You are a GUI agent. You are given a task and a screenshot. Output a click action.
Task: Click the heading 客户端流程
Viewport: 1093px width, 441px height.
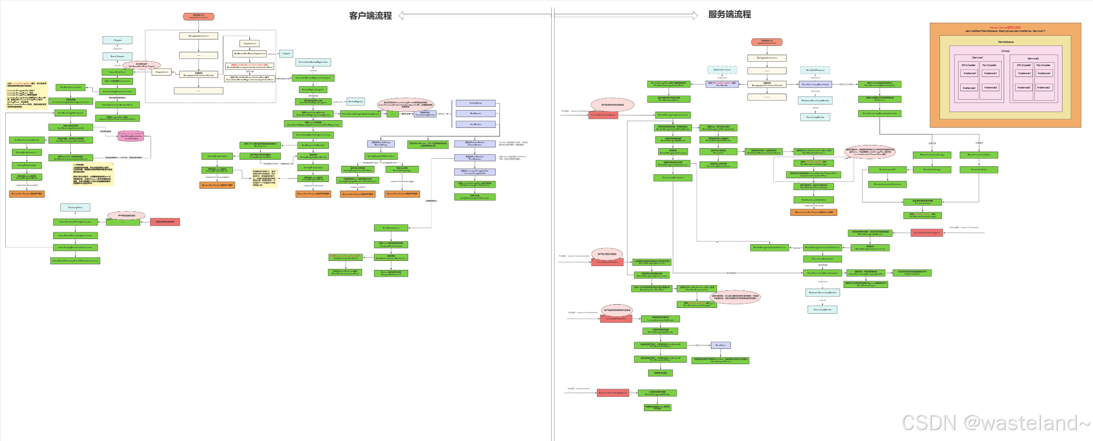pyautogui.click(x=370, y=16)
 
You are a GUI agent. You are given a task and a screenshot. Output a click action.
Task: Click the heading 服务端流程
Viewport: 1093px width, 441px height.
pyautogui.click(x=729, y=14)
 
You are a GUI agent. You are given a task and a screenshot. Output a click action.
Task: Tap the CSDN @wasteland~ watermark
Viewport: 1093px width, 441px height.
pyautogui.click(x=996, y=422)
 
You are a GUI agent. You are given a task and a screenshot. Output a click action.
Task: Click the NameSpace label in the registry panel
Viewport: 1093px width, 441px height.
pyautogui.click(x=1005, y=42)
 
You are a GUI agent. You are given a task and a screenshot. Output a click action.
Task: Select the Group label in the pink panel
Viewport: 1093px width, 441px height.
pyautogui.click(x=1005, y=51)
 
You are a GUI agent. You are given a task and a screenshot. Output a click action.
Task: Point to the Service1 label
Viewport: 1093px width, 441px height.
pyautogui.click(x=977, y=58)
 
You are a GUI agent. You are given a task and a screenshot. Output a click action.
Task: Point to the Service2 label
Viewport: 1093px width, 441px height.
pyautogui.click(x=1033, y=58)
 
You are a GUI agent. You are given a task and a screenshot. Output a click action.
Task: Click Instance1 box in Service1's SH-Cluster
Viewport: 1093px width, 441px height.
pyautogui.click(x=969, y=73)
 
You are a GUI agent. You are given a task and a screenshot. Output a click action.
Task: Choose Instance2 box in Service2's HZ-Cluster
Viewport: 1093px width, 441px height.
pyautogui.click(x=1044, y=87)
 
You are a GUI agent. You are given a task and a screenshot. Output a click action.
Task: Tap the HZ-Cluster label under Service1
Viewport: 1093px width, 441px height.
pyautogui.click(x=989, y=65)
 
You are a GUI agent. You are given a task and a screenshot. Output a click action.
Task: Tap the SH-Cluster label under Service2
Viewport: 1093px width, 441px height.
pyautogui.click(x=1024, y=65)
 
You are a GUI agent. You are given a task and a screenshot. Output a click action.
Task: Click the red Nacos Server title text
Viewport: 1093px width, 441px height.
pyautogui.click(x=1005, y=28)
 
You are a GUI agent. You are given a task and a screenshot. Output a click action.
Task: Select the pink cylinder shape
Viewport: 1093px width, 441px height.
pyautogui.click(x=131, y=136)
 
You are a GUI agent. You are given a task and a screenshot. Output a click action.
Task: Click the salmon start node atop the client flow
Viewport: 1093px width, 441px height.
pyautogui.click(x=199, y=17)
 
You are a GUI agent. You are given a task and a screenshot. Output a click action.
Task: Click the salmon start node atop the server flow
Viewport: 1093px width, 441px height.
pyautogui.click(x=767, y=42)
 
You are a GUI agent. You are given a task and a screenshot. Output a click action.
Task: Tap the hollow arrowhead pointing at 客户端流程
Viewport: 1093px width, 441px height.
pyautogui.click(x=401, y=16)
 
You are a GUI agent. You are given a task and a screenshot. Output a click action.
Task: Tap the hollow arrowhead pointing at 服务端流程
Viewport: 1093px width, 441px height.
pyautogui.click(x=695, y=15)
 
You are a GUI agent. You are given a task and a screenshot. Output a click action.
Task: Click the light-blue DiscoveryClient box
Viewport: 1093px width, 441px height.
pyautogui.click(x=75, y=207)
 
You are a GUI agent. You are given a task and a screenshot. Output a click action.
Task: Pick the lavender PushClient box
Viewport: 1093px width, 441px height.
pyautogui.click(x=720, y=345)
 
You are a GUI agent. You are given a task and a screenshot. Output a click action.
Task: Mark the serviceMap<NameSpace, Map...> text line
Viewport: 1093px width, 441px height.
pyautogui.click(x=1005, y=31)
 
